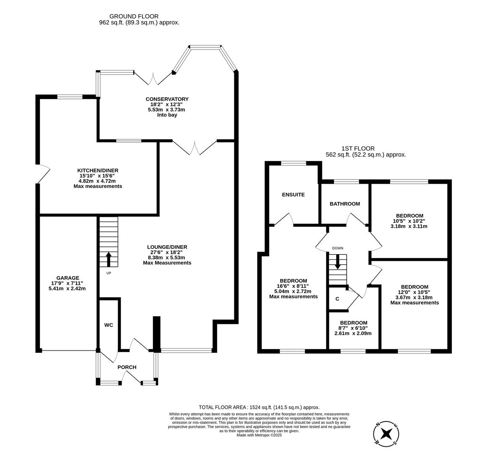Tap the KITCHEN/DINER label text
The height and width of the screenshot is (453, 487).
(x=98, y=170)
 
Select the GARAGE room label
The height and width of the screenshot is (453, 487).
(x=68, y=278)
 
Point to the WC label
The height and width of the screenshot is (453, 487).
(x=109, y=325)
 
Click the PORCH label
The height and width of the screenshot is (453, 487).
(x=127, y=367)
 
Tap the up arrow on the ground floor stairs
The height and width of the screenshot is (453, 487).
(x=109, y=259)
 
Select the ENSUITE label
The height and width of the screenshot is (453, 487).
(x=293, y=195)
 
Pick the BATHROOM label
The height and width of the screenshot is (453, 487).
(x=345, y=204)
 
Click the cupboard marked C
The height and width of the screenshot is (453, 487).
(x=337, y=299)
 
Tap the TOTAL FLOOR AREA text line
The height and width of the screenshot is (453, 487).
(x=259, y=407)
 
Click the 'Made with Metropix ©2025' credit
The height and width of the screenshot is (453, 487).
(x=259, y=435)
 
